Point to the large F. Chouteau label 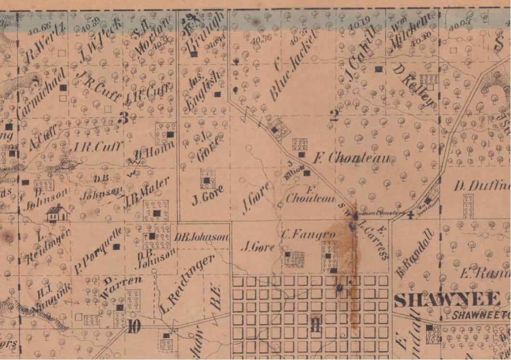tap(354, 158)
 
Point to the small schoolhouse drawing tap(57, 213)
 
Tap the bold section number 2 tap(334, 115)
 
